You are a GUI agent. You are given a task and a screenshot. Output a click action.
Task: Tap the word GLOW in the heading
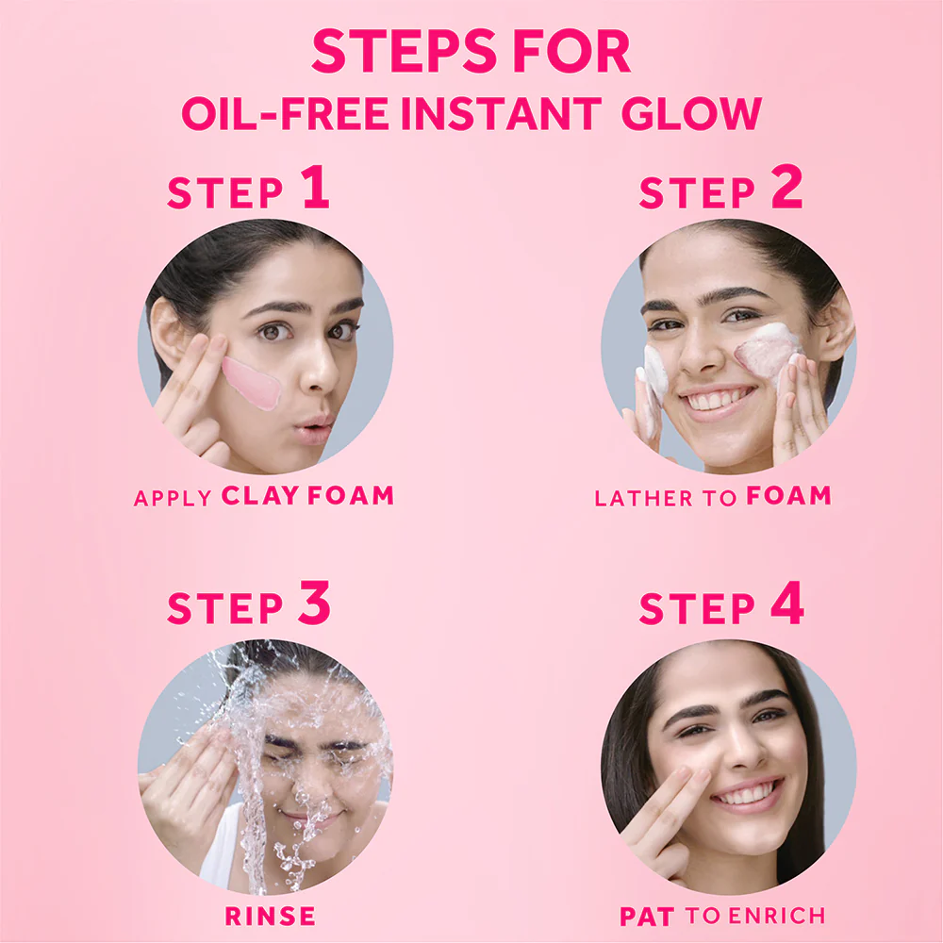pos(691,113)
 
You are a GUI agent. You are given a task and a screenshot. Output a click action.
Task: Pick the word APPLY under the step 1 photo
pos(173,497)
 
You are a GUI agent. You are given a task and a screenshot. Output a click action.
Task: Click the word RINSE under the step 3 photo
pos(270,915)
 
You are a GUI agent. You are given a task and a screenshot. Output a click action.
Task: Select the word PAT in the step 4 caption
pos(648,915)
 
